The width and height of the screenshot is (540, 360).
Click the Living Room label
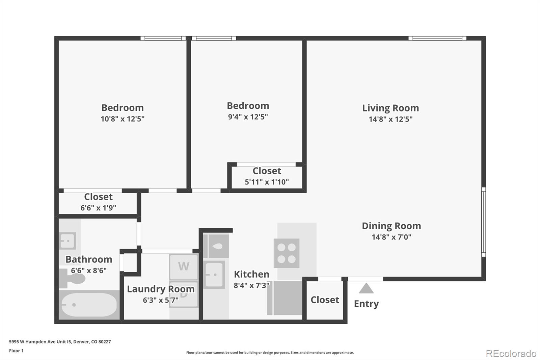tap(390, 108)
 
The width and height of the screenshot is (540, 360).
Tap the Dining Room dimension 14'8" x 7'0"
tap(391, 237)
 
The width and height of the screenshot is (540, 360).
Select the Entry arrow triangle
tap(366, 288)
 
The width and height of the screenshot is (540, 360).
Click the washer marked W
tap(184, 266)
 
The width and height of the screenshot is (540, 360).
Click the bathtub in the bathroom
tap(89, 305)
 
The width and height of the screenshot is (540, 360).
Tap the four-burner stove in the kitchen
tap(287, 253)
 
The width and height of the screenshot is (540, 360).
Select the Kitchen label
tap(251, 274)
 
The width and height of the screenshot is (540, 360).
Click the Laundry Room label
tap(161, 289)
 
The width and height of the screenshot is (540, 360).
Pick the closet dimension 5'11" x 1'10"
tap(267, 182)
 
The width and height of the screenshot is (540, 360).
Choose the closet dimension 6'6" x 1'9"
tap(98, 208)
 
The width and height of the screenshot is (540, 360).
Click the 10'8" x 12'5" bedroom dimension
tap(123, 119)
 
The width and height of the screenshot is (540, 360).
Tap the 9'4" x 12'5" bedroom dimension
tap(248, 117)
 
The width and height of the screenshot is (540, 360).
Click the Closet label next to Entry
tap(325, 300)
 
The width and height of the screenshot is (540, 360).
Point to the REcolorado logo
tap(511, 353)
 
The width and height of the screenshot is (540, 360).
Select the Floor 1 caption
tap(16, 351)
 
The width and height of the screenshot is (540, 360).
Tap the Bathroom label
tap(89, 259)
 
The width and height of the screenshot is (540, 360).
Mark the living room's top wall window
tap(437, 38)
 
